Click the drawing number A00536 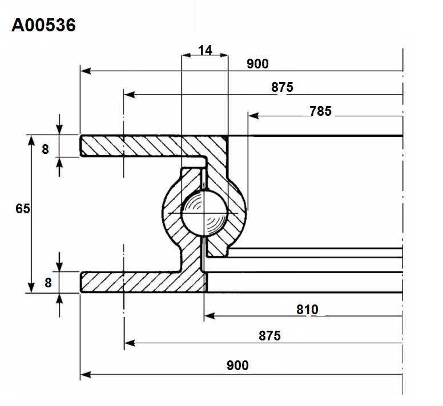[43, 25]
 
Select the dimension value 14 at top [205, 50]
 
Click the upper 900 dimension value [257, 64]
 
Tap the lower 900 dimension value [237, 366]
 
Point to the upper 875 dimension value [282, 87]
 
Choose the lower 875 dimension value [270, 336]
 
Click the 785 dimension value [320, 111]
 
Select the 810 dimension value [307, 310]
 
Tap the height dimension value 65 [23, 209]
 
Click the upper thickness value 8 [45, 149]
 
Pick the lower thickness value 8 [48, 282]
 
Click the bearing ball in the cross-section [204, 213]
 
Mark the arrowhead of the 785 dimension [253, 116]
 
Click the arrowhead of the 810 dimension [210, 316]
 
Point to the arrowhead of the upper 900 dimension [86, 71]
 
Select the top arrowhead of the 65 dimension [31, 140]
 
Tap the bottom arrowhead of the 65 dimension [31, 287]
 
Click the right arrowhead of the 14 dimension [224, 55]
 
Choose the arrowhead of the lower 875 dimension [130, 343]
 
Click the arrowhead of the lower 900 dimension [86, 375]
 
